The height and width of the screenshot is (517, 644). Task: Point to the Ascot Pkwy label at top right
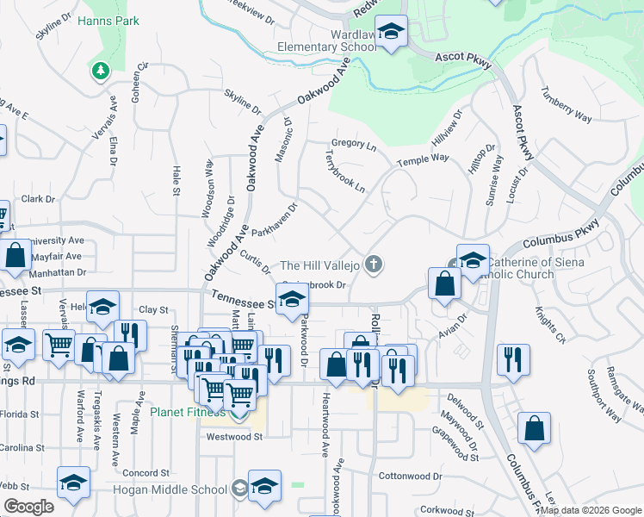click(x=462, y=58)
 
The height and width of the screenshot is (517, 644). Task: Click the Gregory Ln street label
click(x=354, y=146)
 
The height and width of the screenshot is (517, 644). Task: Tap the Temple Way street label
click(x=423, y=160)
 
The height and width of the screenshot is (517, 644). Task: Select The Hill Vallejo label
click(x=321, y=265)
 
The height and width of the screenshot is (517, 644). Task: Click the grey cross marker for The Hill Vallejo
click(x=373, y=264)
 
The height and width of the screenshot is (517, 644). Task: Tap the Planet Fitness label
click(x=189, y=412)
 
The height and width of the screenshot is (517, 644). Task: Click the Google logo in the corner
click(x=28, y=506)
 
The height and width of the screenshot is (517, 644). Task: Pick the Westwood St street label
click(x=234, y=437)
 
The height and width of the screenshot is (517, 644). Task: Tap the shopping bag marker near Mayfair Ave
click(x=16, y=256)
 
